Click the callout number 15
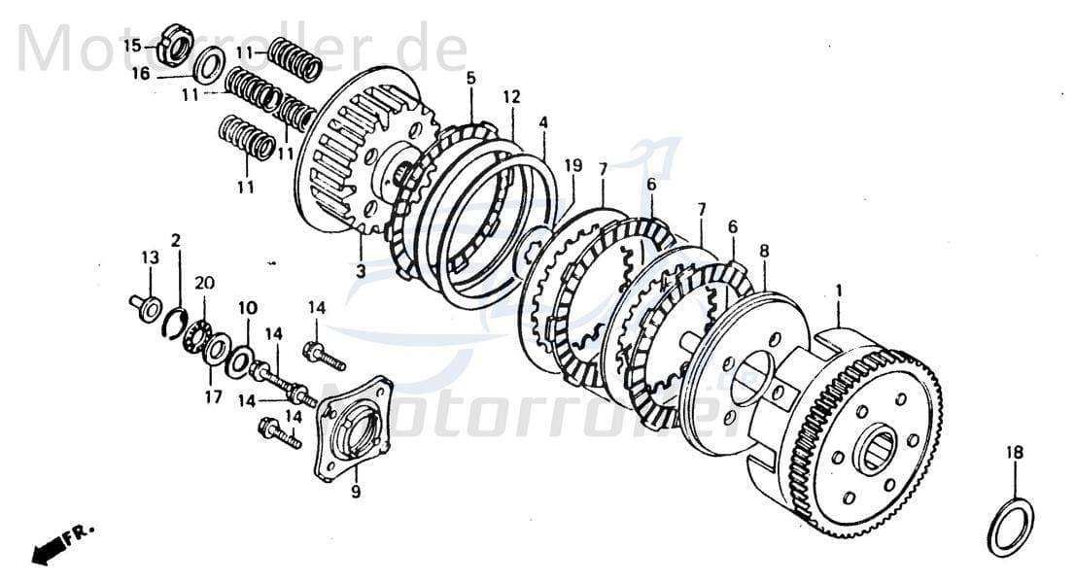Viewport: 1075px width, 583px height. [x=131, y=45]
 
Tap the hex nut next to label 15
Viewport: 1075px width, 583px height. [x=173, y=42]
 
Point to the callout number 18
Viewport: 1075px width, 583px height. [x=1015, y=452]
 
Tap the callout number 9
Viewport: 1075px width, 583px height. [x=356, y=493]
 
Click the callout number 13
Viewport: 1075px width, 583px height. [x=149, y=257]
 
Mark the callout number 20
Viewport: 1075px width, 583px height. [x=204, y=283]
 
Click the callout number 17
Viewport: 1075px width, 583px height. [x=213, y=396]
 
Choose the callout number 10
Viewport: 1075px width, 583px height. [x=248, y=308]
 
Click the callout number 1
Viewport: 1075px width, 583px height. [x=839, y=290]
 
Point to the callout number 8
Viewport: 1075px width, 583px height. [x=764, y=251]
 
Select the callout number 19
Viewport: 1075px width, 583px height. [x=573, y=165]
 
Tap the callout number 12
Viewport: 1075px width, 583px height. [x=511, y=96]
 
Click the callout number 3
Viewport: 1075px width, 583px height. [x=361, y=271]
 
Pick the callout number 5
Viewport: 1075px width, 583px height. [x=470, y=77]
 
